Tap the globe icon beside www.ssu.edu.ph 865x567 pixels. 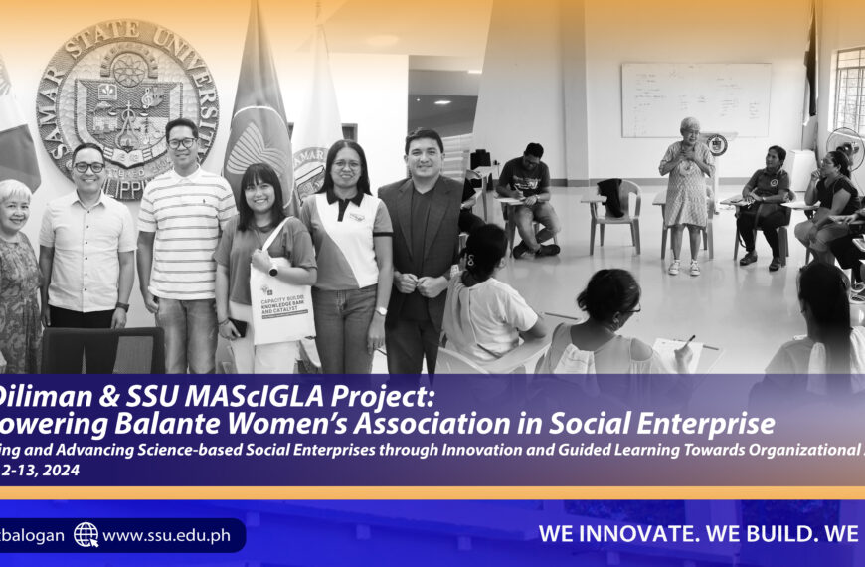(x=86, y=535)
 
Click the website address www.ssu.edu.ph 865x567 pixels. (x=166, y=535)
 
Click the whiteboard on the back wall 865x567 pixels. (x=696, y=100)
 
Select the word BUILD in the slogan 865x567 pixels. (x=776, y=534)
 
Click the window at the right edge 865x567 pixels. (x=850, y=90)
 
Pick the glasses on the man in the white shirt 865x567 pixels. (x=88, y=167)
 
